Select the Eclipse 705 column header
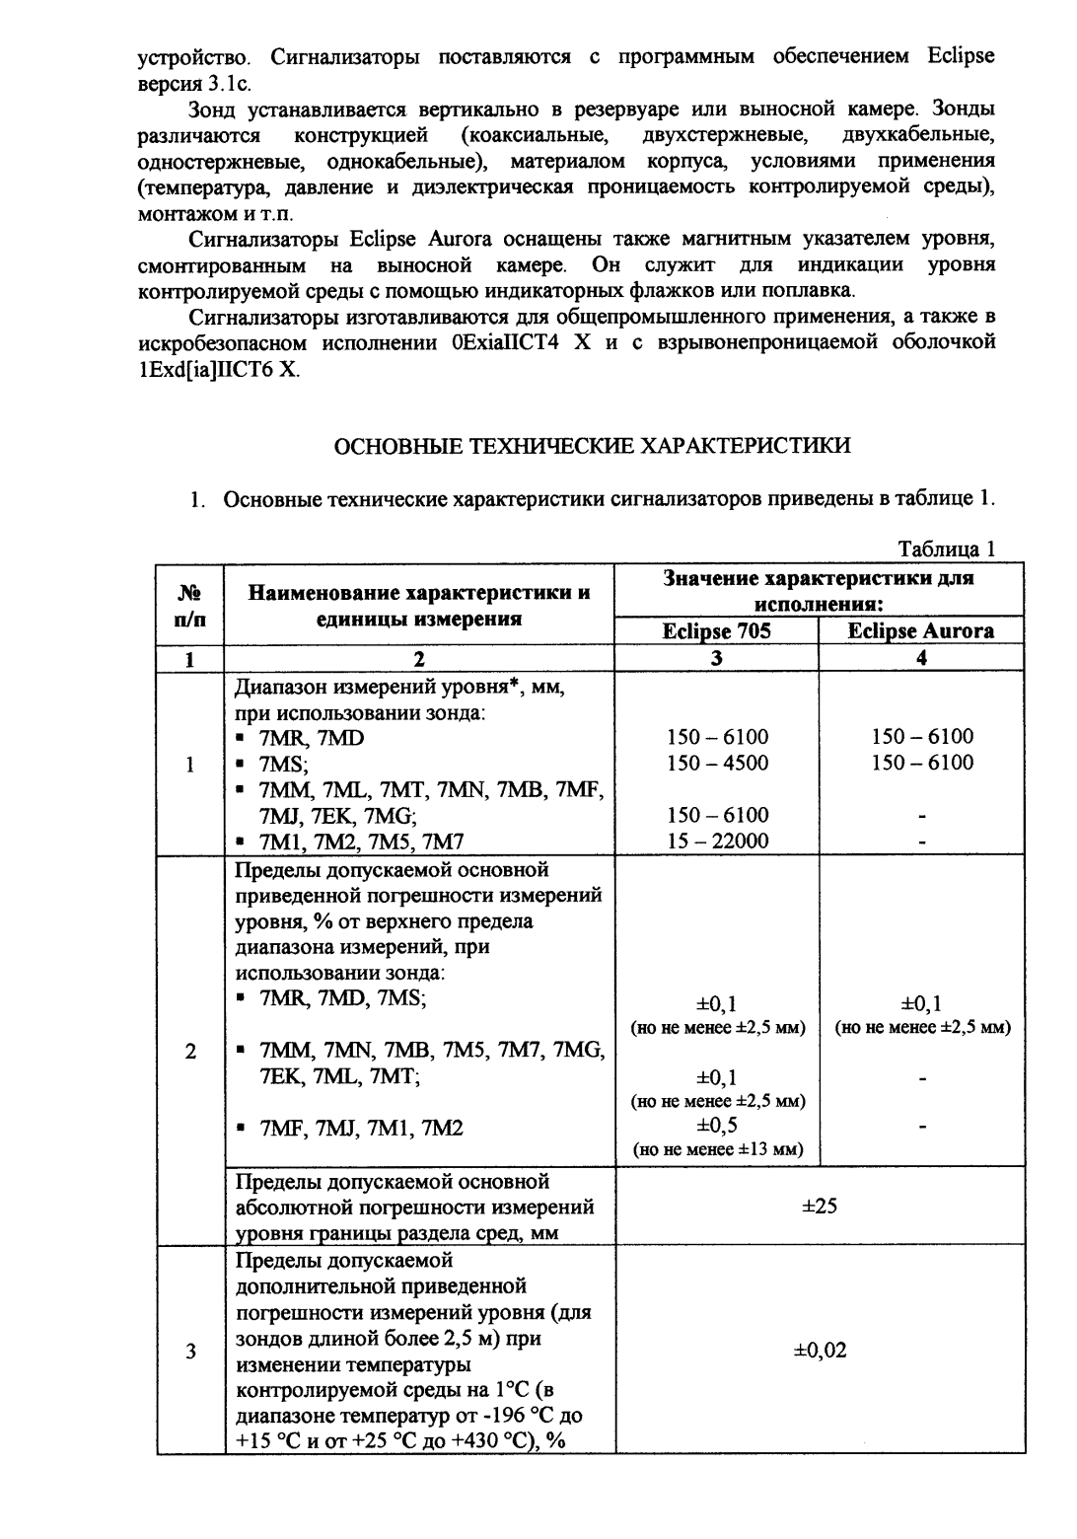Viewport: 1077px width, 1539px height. pos(716,631)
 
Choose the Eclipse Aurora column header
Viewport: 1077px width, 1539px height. pos(921,631)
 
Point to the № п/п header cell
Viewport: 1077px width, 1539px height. pos(190,606)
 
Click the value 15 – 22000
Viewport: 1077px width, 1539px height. pos(717,841)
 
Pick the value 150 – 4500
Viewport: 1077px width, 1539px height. pos(717,763)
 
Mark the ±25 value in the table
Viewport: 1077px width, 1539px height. pos(820,1205)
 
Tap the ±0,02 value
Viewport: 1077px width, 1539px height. pos(820,1351)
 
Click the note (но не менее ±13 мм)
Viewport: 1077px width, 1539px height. pos(717,1149)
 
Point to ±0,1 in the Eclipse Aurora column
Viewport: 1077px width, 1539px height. pos(921,1004)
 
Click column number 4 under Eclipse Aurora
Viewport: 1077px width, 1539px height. pos(921,659)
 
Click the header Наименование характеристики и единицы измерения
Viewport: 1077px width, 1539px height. pos(419,606)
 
